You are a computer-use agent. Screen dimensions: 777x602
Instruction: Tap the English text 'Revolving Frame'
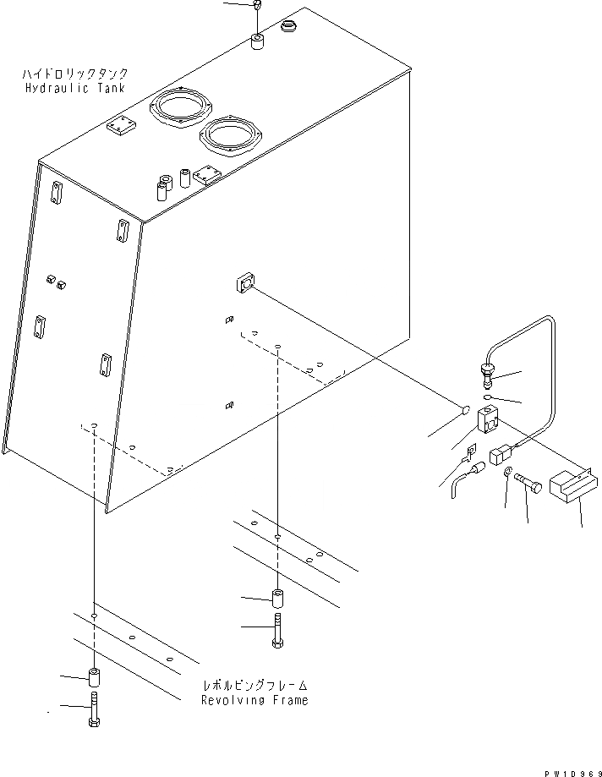pyautogui.click(x=254, y=700)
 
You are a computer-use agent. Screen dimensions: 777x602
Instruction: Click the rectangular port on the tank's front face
pyautogui.click(x=245, y=283)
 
